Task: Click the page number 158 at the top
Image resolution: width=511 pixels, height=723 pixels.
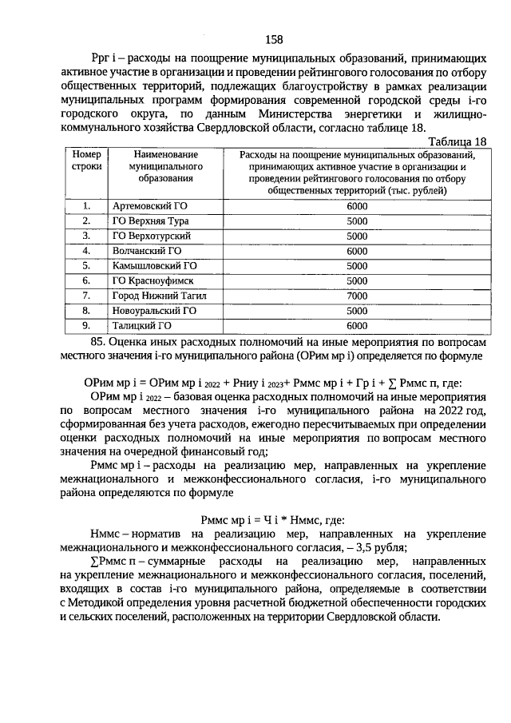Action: pos(273,38)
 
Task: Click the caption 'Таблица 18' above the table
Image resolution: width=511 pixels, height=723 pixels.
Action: pos(457,141)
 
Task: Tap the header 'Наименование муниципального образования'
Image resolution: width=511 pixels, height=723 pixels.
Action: pos(162,166)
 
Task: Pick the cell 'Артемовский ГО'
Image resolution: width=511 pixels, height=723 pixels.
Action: pos(149,206)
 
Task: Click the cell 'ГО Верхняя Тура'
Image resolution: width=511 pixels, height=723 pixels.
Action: pos(149,220)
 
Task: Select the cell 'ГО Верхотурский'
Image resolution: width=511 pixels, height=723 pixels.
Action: pos(151,236)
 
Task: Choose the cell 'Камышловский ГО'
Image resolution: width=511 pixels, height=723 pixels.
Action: pos(154,265)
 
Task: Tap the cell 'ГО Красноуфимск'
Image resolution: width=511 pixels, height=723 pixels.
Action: pos(152,280)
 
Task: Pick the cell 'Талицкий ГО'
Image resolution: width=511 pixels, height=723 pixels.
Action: pos(142,325)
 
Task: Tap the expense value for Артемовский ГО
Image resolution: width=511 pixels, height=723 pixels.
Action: pos(356,206)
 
